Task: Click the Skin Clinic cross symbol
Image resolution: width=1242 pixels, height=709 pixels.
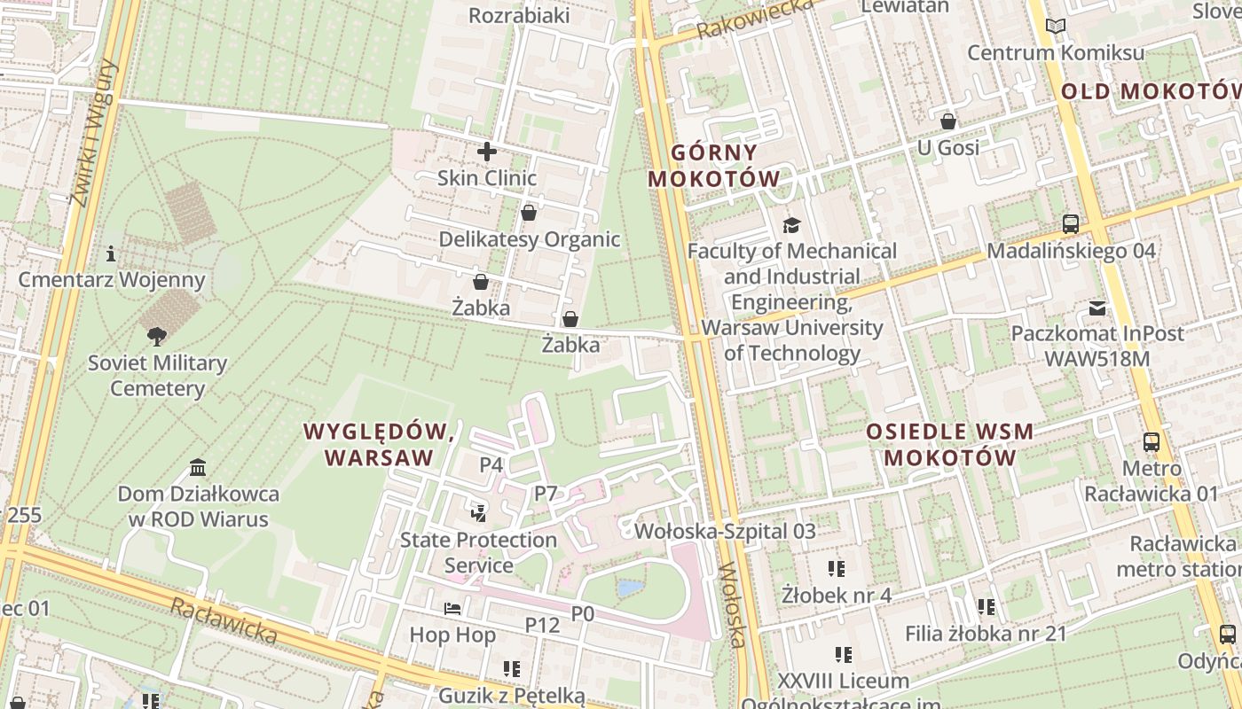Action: point(486,152)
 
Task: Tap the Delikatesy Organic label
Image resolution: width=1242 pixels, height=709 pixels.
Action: point(530,239)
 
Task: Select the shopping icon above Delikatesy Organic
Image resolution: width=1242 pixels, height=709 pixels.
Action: point(529,213)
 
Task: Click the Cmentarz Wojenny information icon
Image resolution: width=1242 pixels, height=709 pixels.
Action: point(111,253)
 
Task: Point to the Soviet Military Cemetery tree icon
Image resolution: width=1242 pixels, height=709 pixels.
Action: point(157,336)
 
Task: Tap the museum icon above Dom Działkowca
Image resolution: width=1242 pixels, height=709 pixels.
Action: point(198,467)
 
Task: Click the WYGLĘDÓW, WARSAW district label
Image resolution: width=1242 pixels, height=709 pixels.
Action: point(379,445)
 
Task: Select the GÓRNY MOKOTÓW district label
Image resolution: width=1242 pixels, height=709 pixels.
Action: point(713,166)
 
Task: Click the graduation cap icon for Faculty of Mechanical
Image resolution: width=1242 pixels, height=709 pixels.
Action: point(791,225)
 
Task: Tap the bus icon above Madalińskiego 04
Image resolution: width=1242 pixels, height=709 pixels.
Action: point(1071,224)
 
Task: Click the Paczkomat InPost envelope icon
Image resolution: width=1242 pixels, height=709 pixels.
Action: point(1097,308)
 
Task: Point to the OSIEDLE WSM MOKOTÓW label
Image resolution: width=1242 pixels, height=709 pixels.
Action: point(949,445)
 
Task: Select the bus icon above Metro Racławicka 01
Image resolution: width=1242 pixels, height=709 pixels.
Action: point(1152,441)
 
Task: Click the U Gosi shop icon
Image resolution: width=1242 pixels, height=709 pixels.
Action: point(948,121)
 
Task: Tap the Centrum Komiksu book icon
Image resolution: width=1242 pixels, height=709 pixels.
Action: point(1055,27)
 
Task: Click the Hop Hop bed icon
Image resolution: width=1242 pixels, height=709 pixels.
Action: point(452,609)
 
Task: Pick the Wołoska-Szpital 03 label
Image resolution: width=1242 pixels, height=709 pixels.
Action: point(725,532)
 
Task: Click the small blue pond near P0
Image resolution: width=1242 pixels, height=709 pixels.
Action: point(630,588)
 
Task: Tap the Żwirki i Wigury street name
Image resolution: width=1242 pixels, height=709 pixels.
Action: point(92,133)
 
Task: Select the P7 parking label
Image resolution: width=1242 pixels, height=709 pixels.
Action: point(545,494)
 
